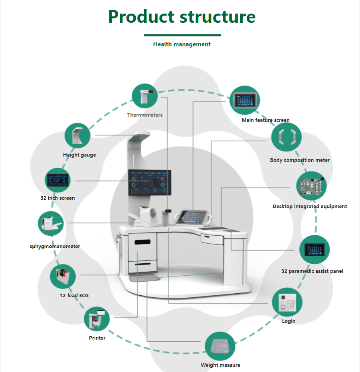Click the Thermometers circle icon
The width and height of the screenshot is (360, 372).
click(144, 96)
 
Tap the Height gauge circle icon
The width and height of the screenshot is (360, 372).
click(77, 136)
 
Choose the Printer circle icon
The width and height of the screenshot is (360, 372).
click(97, 318)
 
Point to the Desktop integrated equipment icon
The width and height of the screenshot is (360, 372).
click(311, 187)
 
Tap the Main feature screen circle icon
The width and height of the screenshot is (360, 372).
click(245, 101)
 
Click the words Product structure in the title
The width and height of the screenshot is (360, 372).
click(182, 17)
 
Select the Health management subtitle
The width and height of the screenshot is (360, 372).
click(182, 44)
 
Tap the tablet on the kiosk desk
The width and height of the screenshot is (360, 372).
click(190, 216)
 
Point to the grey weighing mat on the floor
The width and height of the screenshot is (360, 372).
click(144, 278)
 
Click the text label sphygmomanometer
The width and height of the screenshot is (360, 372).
click(55, 247)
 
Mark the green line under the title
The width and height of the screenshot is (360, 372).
click(182, 35)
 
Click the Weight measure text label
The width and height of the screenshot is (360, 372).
click(220, 365)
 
